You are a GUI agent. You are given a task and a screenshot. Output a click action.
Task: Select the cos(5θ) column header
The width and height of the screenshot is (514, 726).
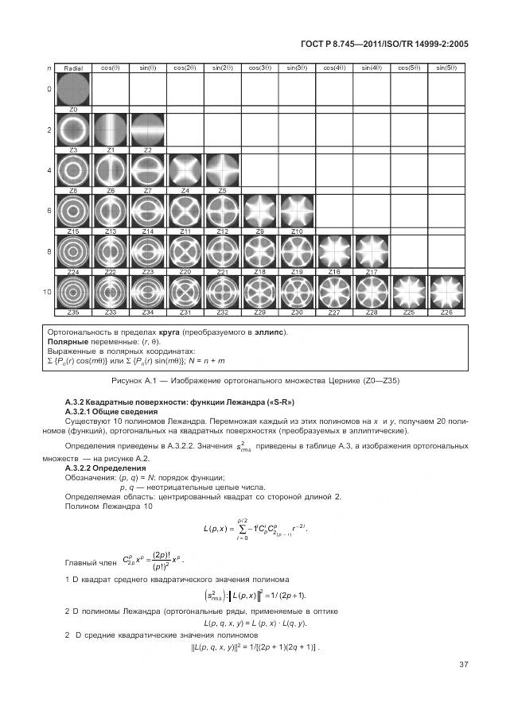point(409,69)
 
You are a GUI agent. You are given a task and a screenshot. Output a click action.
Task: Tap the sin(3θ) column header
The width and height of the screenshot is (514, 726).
point(297,69)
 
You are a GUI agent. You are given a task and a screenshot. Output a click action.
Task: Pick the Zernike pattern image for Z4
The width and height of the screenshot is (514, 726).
point(185,170)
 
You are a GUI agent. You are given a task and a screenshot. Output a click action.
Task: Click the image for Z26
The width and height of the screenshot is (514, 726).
point(446,291)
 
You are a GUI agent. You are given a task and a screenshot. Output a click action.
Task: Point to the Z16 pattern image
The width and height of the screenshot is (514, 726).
point(334,250)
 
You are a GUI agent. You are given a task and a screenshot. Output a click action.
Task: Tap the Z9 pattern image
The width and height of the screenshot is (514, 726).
point(259,211)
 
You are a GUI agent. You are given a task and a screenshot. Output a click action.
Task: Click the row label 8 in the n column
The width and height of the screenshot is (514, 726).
point(48,250)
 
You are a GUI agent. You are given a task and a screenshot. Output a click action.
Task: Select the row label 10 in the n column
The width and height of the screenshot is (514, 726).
point(48,291)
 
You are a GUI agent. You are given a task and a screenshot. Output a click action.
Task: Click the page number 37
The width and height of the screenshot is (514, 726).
point(463,666)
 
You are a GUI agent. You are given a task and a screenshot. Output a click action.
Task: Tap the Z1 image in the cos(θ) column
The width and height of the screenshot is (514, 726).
point(110,130)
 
